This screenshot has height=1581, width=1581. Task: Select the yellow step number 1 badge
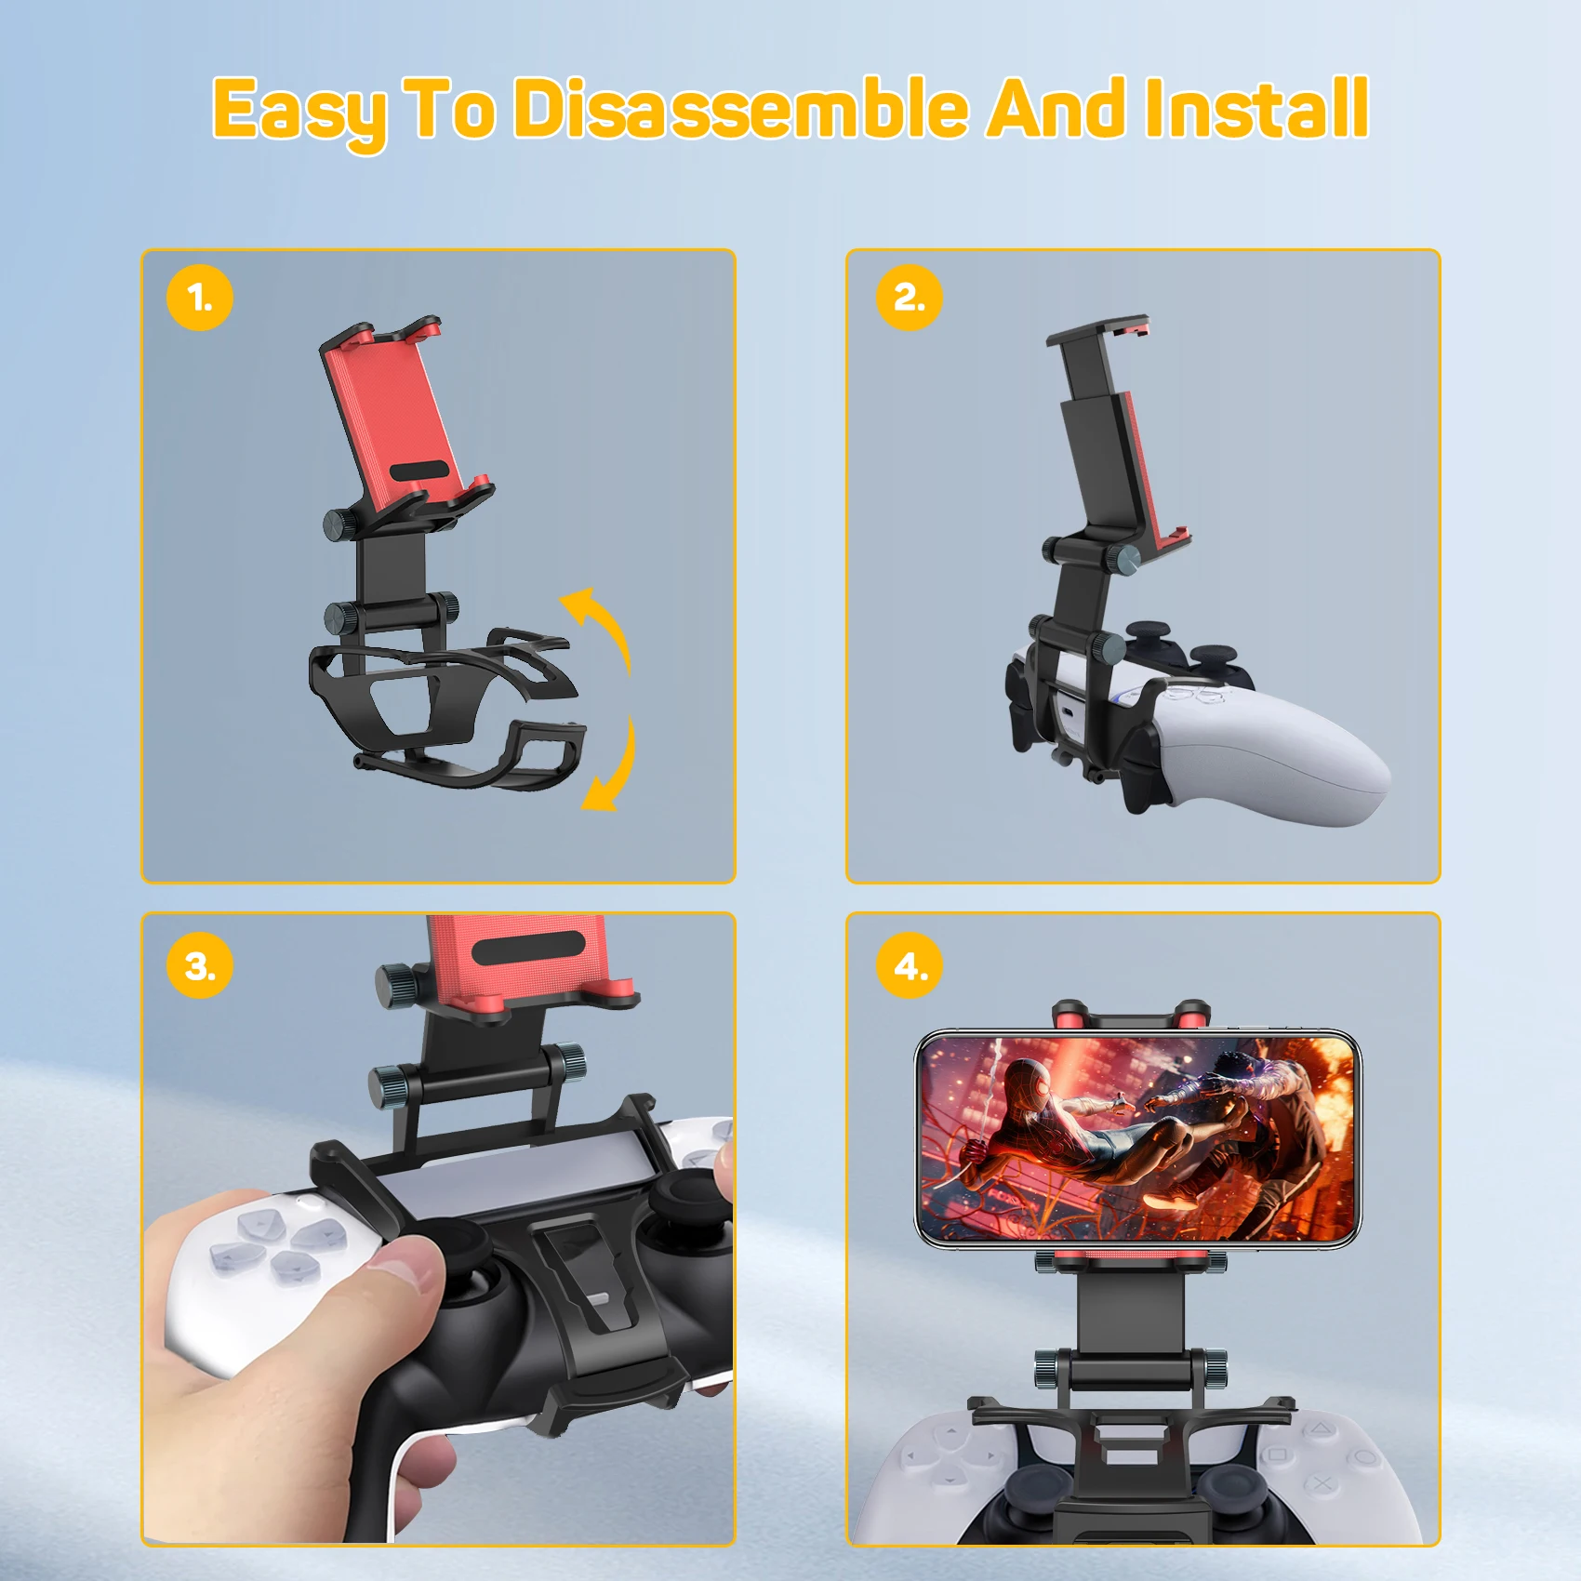tap(200, 298)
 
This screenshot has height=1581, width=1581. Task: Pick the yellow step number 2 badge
tap(910, 298)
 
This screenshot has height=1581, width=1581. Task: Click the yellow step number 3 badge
tap(200, 965)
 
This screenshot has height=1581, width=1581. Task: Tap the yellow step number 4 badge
tap(910, 965)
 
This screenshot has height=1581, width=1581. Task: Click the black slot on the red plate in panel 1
tap(424, 471)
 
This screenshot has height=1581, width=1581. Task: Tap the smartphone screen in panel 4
tap(1136, 1138)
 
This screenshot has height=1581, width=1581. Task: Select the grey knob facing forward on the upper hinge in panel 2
tap(1124, 558)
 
